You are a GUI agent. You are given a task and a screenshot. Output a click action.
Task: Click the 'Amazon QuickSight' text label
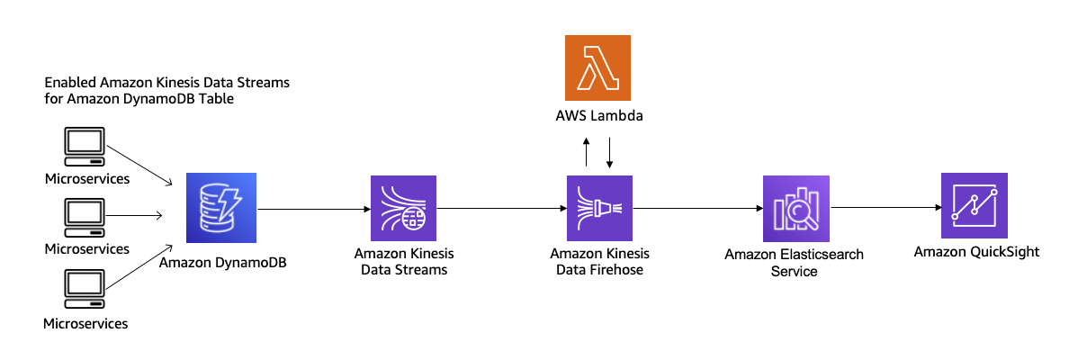[x=976, y=252]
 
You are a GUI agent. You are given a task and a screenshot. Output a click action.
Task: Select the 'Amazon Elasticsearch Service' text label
[x=794, y=263]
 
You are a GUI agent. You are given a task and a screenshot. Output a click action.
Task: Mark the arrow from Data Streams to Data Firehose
[x=500, y=209]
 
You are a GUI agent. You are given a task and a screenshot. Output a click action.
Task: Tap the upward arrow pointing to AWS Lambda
[x=586, y=153]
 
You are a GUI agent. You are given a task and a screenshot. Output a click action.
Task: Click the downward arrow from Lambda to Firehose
[x=610, y=153]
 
